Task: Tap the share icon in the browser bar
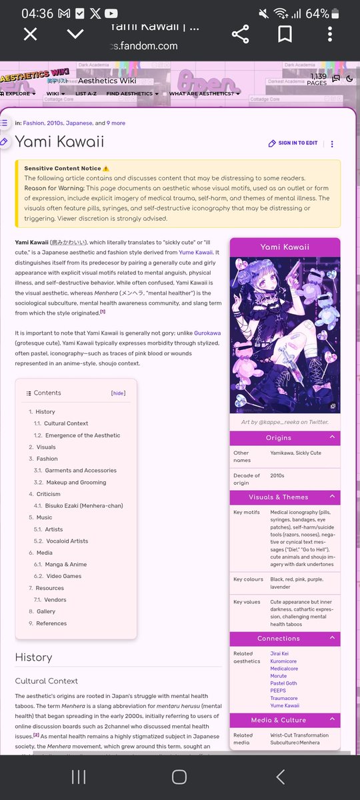click(240, 34)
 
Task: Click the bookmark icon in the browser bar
click(285, 34)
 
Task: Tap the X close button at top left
click(30, 34)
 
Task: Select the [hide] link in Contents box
click(118, 393)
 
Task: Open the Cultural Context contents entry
click(65, 423)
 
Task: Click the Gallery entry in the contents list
click(46, 611)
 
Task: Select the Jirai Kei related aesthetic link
click(279, 654)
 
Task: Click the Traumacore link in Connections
click(285, 698)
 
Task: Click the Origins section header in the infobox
click(285, 438)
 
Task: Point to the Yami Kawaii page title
click(59, 142)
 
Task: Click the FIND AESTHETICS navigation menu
click(133, 94)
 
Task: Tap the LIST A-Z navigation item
click(86, 94)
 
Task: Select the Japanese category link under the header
click(79, 123)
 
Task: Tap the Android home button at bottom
click(179, 777)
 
